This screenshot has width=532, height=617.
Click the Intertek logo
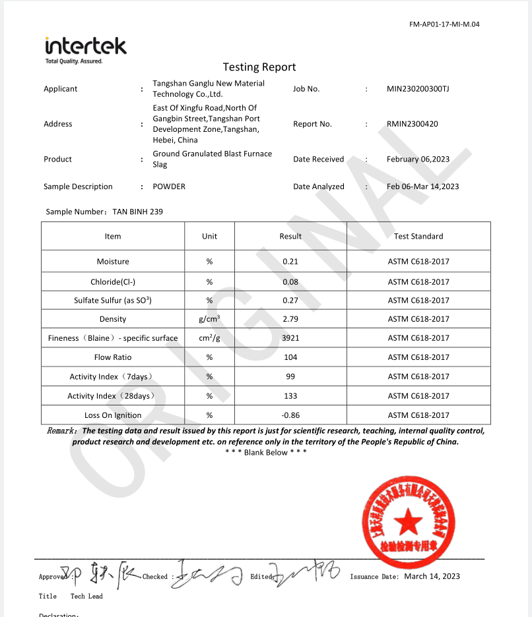pos(85,48)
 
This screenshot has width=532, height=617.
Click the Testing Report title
pos(259,67)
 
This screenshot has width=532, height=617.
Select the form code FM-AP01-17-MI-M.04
pos(444,24)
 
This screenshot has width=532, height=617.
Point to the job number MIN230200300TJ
pos(418,89)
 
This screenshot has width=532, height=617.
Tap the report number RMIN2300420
pos(413,124)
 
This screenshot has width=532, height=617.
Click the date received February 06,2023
pos(418,159)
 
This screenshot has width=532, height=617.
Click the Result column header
pos(290,236)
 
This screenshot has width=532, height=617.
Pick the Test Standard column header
pos(418,236)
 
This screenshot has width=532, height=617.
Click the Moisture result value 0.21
pos(290,262)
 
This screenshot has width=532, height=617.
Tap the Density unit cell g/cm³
pos(209,319)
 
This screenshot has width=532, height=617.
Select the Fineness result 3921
pos(290,338)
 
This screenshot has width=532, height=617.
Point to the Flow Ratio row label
pos(113,357)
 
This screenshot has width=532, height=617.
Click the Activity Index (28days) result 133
pos(290,396)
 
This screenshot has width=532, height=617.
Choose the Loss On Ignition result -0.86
pos(290,415)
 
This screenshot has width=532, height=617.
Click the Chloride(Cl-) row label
pos(113,281)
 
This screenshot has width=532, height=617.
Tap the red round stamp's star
pos(409,521)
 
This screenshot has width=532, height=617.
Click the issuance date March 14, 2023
pos(432,576)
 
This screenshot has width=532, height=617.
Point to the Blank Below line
pos(265,452)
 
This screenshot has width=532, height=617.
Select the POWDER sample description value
pos(169,187)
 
